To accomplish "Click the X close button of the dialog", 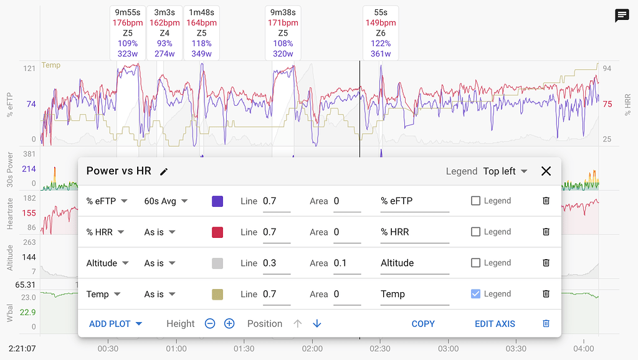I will [x=546, y=171].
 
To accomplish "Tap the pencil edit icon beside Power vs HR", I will [x=164, y=171].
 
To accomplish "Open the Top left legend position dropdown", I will [x=505, y=171].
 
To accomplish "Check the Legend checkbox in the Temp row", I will [x=475, y=294].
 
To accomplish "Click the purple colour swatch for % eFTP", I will [x=217, y=201].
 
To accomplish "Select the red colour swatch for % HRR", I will [x=217, y=232].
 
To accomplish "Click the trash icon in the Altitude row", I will [x=546, y=263].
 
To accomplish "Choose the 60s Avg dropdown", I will [x=166, y=201].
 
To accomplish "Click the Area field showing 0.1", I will [x=346, y=263].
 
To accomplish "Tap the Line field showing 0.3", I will [x=276, y=263].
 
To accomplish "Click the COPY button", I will [x=423, y=324].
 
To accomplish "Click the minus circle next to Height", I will [x=210, y=324].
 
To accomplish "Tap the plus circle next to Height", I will [x=229, y=324].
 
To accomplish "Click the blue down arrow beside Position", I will [x=317, y=324].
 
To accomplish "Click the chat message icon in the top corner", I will [x=622, y=16].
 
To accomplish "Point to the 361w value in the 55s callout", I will [x=381, y=54].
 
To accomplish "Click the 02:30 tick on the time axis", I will [x=381, y=349].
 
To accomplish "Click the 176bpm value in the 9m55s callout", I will [x=128, y=23].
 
